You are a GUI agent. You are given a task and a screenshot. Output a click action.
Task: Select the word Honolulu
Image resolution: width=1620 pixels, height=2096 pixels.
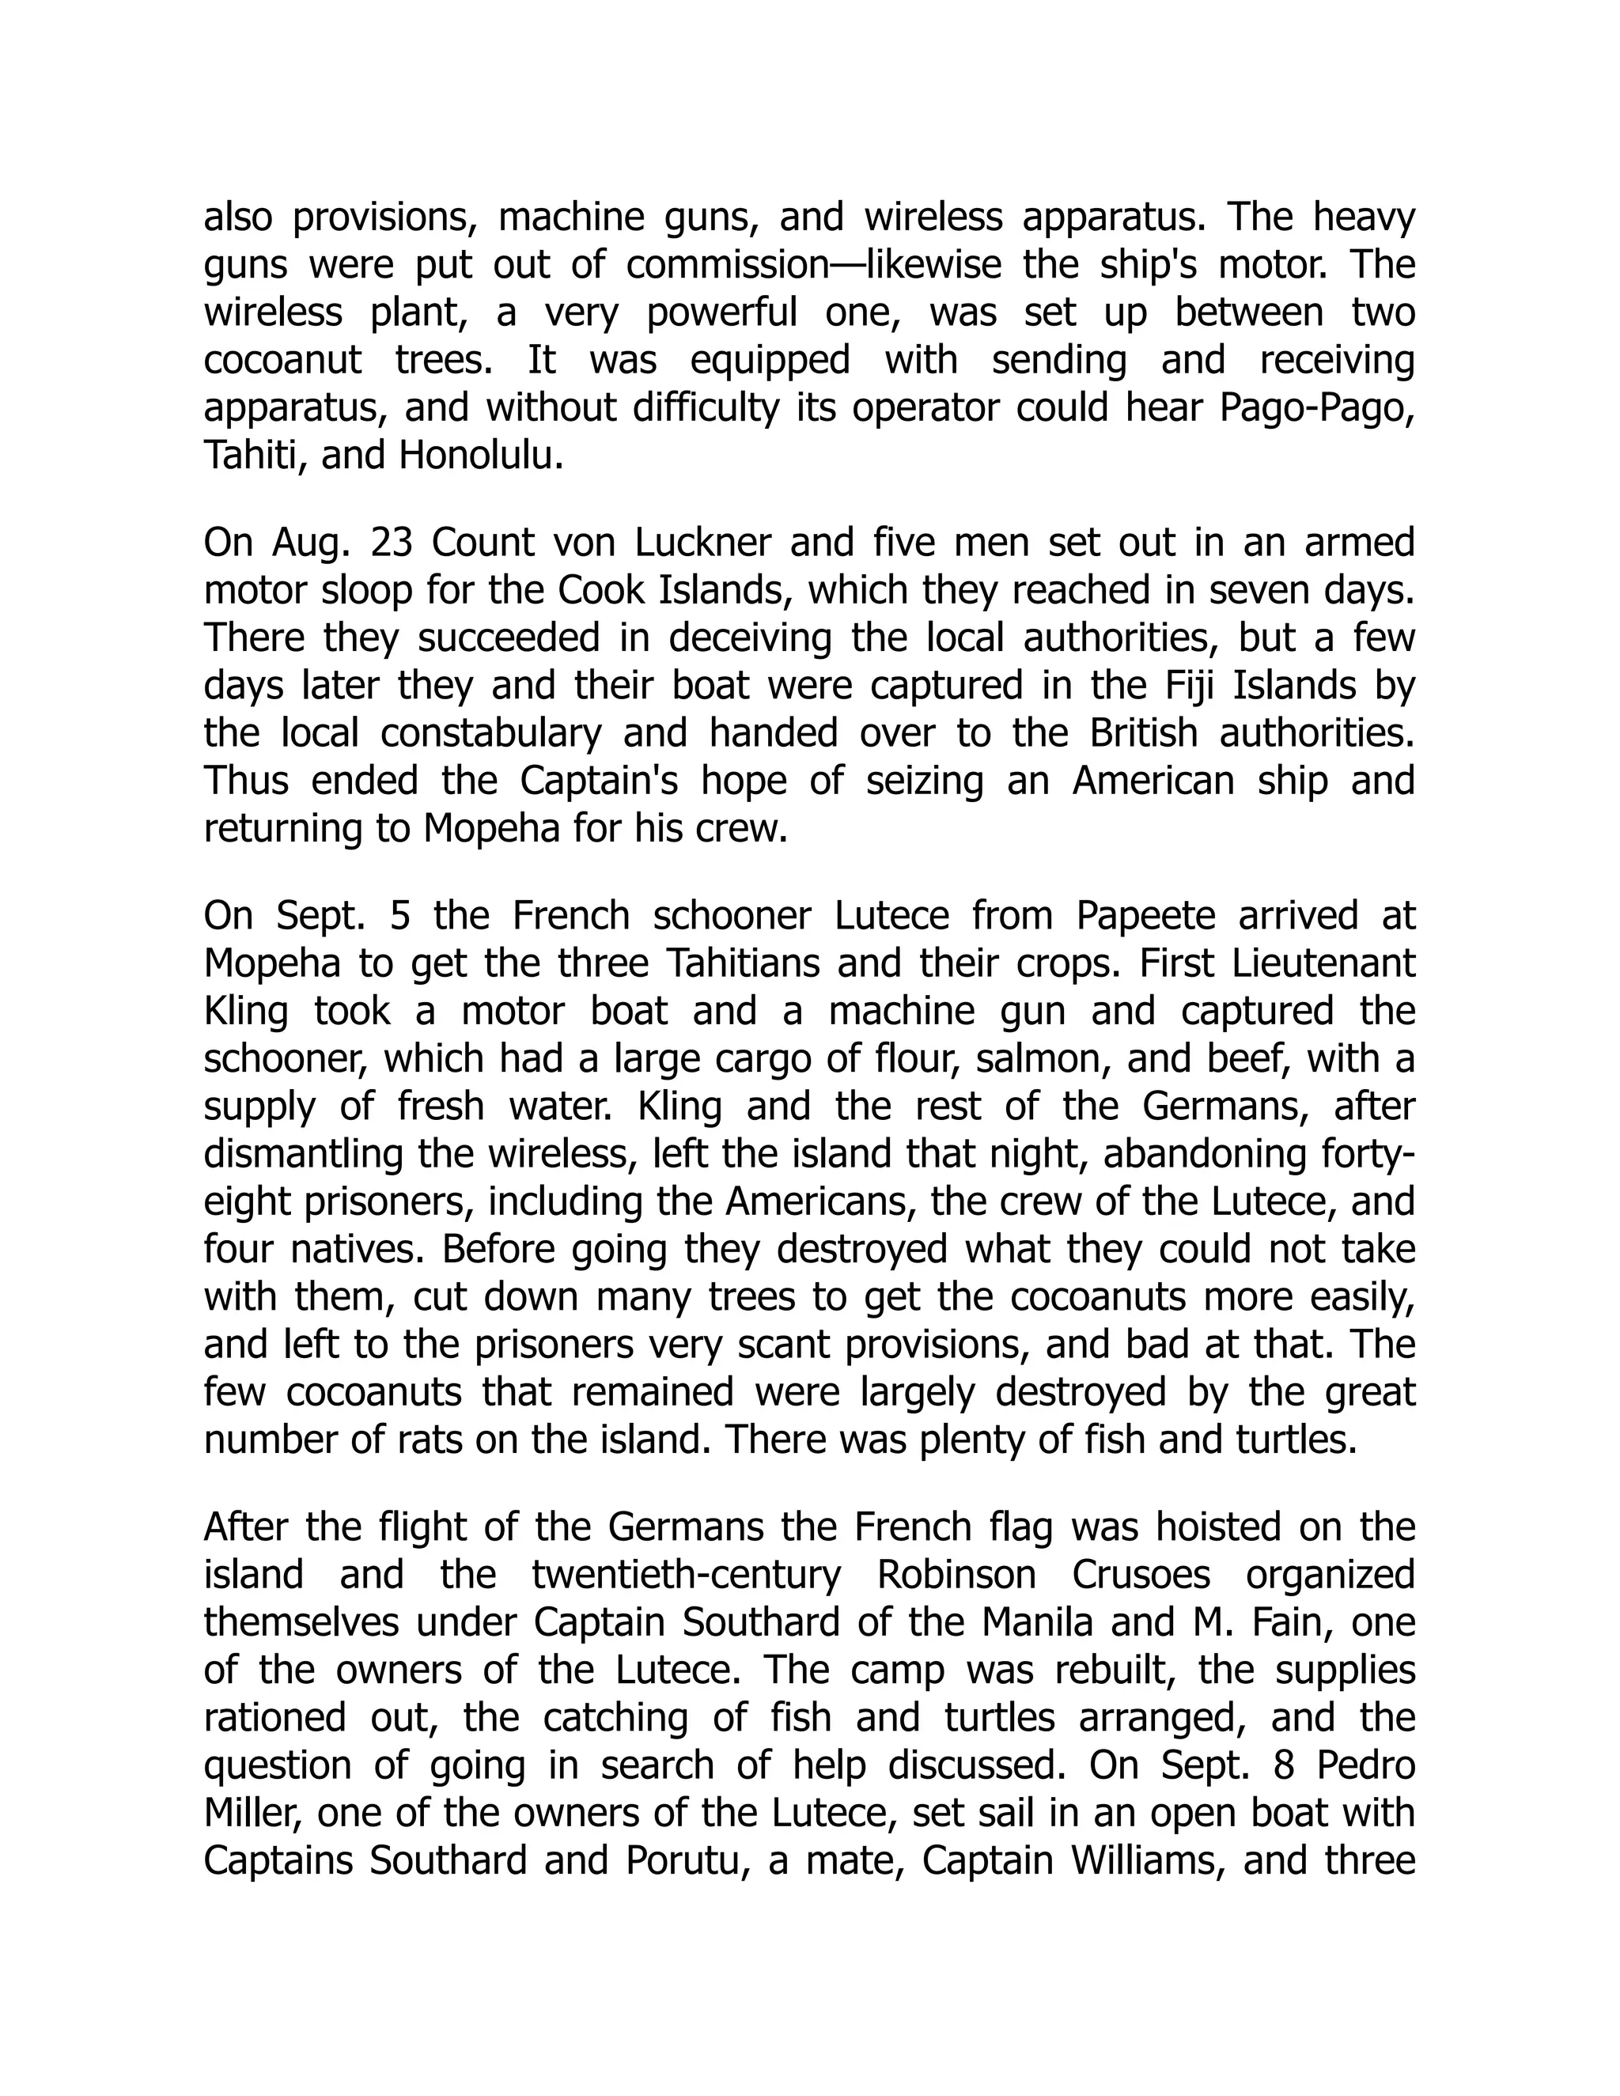[x=479, y=455]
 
